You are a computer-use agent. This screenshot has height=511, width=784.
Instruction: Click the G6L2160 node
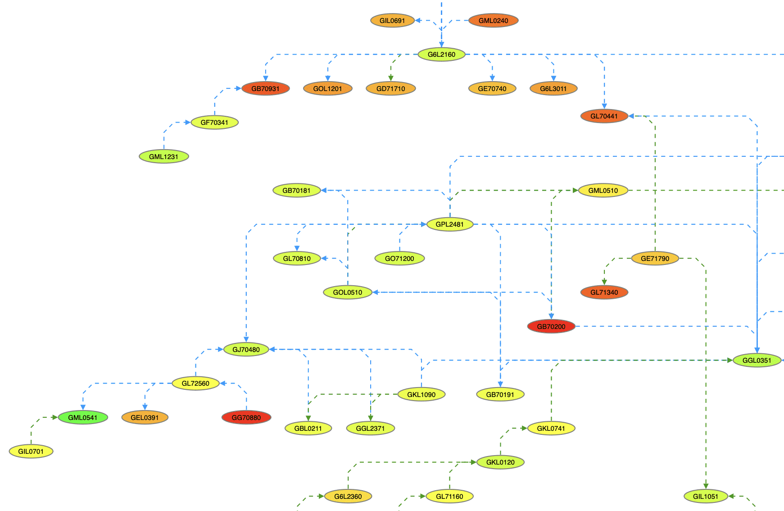coord(441,55)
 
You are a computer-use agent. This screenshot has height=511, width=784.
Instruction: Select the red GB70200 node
coord(551,326)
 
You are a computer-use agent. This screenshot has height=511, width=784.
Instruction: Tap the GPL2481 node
coord(449,224)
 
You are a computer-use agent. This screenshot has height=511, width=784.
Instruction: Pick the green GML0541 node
coord(83,417)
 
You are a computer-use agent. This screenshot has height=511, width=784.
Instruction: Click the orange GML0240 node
coord(493,20)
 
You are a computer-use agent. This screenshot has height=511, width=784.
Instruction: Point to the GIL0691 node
coord(392,20)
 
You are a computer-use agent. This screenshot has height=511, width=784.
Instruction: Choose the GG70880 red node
coord(246,417)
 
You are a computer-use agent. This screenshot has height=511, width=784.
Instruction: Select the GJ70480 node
coord(246,349)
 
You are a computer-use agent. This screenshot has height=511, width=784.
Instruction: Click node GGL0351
coord(757,360)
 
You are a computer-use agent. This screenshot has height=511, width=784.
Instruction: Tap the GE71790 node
coord(655,258)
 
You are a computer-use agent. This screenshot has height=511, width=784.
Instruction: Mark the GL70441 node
coord(604,116)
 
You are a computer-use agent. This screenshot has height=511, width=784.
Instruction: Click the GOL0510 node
coord(348,292)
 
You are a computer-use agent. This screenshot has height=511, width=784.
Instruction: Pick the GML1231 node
coord(164,156)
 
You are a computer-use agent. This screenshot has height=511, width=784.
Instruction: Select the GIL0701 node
coord(31,451)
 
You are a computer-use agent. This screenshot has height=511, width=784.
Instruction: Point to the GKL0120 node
coord(500,462)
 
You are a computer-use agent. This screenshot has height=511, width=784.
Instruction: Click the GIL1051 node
coord(706,496)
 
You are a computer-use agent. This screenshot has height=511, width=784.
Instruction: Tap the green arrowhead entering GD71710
coord(391,78)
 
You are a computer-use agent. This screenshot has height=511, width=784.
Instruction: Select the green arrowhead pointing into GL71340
coord(604,282)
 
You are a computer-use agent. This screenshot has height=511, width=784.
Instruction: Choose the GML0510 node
coord(603,190)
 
